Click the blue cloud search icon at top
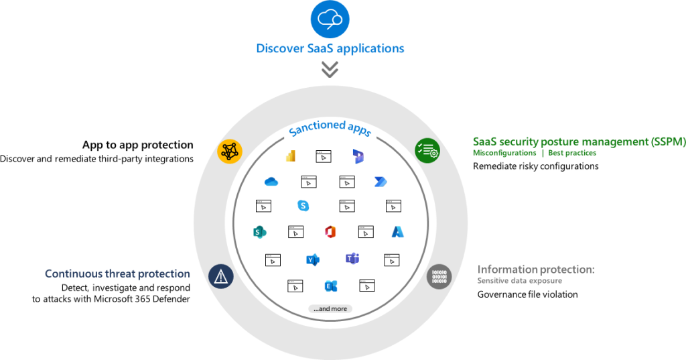click(330, 19)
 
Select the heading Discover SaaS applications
click(330, 48)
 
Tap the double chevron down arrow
click(330, 68)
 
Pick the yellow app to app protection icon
click(229, 151)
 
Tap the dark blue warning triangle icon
click(220, 276)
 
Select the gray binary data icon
click(439, 276)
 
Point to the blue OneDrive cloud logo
click(271, 182)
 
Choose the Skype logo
click(303, 206)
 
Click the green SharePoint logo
click(259, 232)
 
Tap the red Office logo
click(330, 232)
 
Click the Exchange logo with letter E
click(330, 286)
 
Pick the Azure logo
click(399, 232)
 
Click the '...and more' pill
click(330, 309)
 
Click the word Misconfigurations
click(504, 154)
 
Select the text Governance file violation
click(527, 294)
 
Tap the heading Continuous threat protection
click(117, 274)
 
